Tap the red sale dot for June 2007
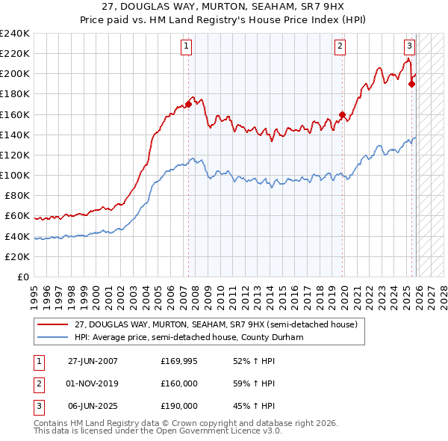(188, 105)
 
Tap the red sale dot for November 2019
(342, 114)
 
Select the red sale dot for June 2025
(411, 84)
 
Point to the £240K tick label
(14, 34)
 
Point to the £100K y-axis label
(14, 175)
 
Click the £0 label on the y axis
(22, 277)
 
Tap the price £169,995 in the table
(179, 361)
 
